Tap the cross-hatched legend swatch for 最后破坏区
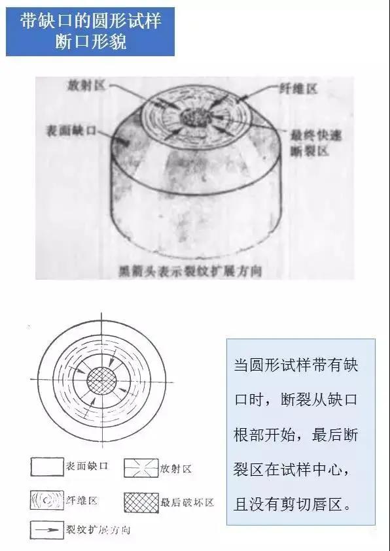pos(141,502)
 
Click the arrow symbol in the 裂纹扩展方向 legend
pos(45,529)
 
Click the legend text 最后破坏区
pos(187,503)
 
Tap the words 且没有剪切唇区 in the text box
pos(296,504)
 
